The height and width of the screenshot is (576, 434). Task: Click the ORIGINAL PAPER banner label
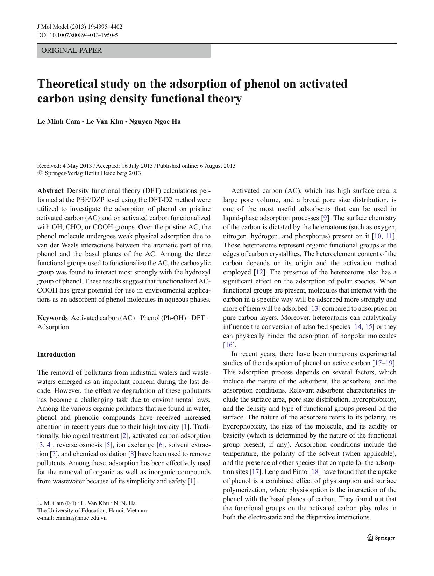click(71, 50)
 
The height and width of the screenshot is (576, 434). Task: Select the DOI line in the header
click(77, 35)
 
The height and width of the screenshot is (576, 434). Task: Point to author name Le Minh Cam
click(58, 122)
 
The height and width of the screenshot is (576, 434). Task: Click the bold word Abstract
click(50, 191)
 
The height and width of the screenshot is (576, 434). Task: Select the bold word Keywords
click(52, 318)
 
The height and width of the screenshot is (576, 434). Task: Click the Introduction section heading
click(56, 354)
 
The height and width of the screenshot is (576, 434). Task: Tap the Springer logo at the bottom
click(381, 538)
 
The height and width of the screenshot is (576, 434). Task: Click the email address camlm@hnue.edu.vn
click(81, 518)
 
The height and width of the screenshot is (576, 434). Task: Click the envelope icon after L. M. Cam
click(71, 503)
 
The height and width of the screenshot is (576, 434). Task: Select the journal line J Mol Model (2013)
click(80, 27)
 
